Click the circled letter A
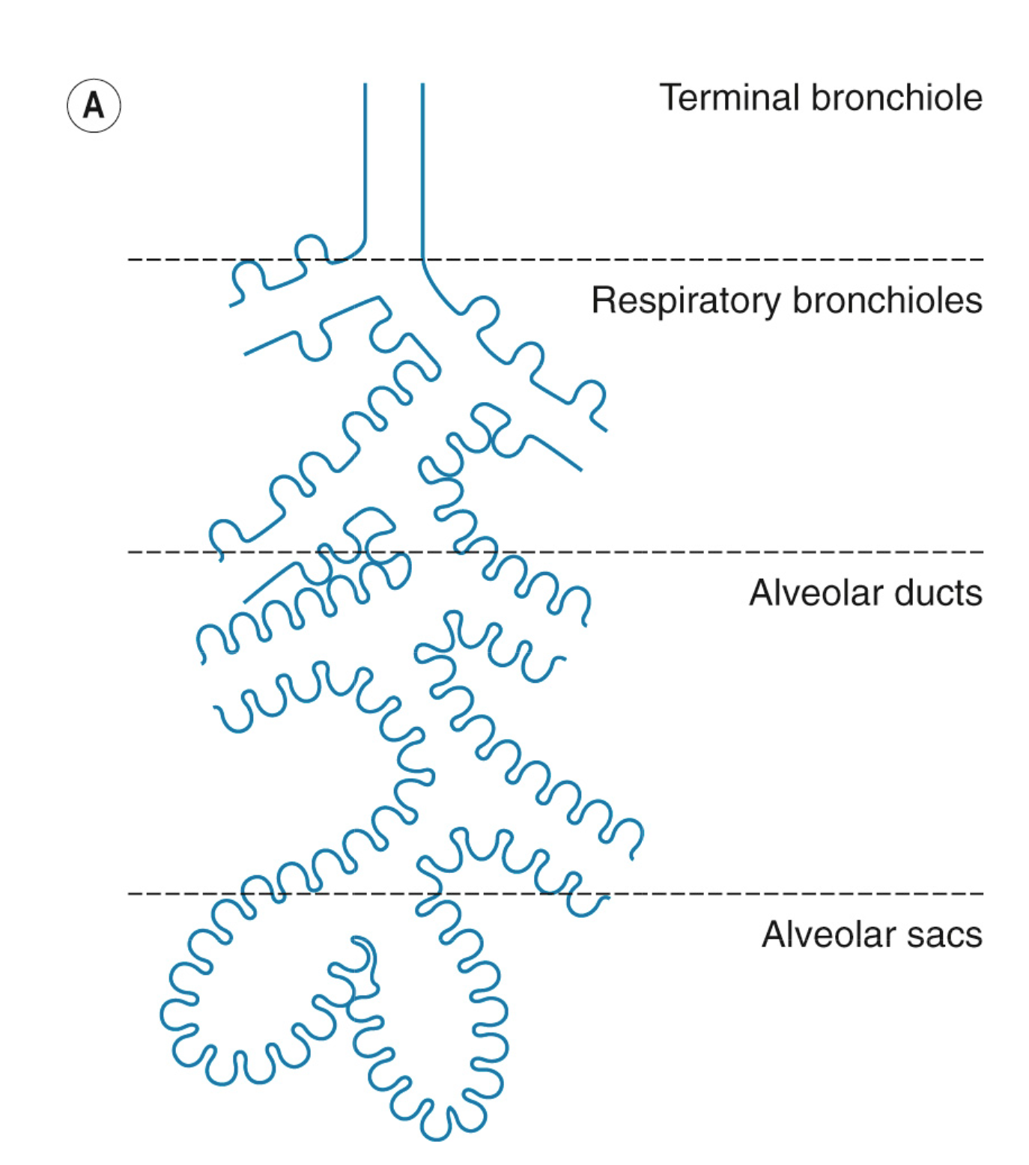[94, 106]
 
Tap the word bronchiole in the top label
[896, 98]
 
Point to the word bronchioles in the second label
[887, 301]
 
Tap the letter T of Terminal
[670, 98]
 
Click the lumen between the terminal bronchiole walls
[394, 165]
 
